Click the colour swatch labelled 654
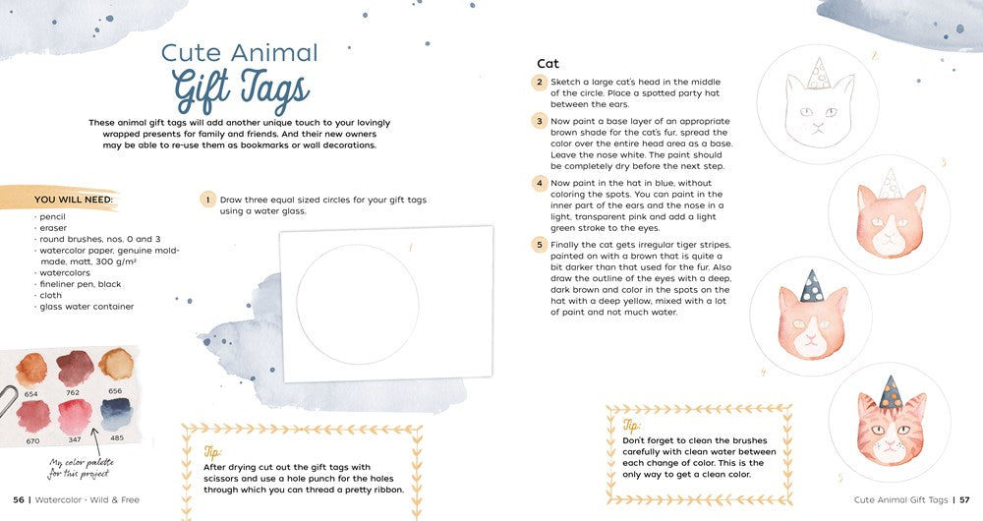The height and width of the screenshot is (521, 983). coord(30,369)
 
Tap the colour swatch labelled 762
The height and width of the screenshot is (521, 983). coord(75,368)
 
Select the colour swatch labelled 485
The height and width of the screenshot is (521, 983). coord(115,413)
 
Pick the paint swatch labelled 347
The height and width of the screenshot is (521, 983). coord(75,416)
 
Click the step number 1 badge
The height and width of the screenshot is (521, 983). coord(207,200)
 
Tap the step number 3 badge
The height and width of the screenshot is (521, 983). coord(539,120)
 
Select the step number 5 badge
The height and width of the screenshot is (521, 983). coord(539,245)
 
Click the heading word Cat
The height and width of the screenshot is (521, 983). coord(548,63)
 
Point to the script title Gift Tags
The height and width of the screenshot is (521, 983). coord(240,91)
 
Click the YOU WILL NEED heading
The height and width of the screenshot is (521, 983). coord(74,200)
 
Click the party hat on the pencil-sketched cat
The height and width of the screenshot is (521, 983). coord(816,74)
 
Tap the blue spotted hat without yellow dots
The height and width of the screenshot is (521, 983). coord(811,286)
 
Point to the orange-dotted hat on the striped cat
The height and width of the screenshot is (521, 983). coord(890,392)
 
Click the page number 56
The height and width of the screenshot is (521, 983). coord(19,499)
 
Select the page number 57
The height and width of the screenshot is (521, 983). coord(965,499)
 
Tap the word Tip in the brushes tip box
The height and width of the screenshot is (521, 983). coord(631,425)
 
